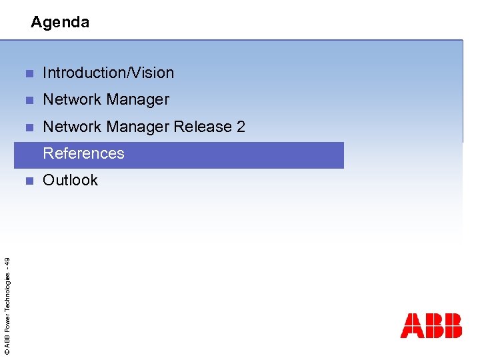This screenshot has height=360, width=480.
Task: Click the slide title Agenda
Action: [60, 22]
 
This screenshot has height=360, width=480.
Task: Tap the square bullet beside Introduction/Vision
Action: [29, 73]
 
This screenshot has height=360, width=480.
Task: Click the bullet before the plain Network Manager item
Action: [29, 100]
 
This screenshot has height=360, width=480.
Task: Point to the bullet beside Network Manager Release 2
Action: [29, 127]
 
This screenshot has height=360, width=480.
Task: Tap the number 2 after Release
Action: [241, 127]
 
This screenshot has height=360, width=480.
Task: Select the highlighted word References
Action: [83, 153]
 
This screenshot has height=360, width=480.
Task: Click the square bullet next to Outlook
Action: [29, 181]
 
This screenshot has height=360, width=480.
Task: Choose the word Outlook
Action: [70, 180]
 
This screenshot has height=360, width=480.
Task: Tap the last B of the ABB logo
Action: [452, 325]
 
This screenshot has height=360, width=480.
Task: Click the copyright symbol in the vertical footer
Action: [6, 351]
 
